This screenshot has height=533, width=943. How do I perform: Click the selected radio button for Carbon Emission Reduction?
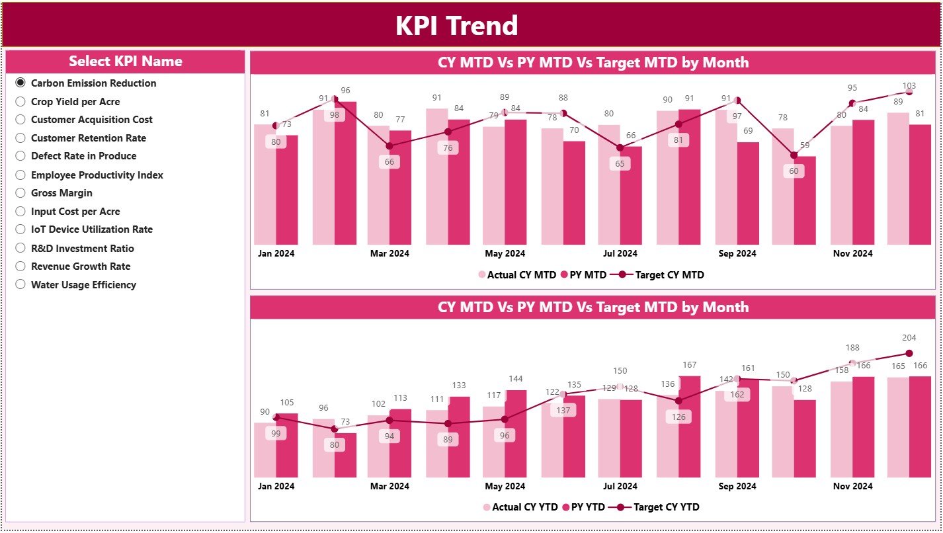20,83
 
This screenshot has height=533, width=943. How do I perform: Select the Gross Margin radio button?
20,193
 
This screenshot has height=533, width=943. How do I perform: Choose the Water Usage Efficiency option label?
83,285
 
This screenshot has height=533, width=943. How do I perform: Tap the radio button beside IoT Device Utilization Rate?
20,229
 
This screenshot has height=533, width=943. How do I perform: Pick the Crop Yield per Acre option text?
75,102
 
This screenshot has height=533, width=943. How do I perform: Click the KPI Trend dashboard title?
456,26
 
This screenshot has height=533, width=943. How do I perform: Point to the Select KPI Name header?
125,61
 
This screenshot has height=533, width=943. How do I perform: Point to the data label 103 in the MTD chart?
909,85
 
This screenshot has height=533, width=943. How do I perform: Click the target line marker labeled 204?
909,354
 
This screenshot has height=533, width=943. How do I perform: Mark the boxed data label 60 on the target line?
794,171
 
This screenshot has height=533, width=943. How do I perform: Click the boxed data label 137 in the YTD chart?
563,410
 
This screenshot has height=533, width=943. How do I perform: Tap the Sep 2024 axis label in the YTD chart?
737,486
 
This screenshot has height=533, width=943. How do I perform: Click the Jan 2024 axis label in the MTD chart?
276,253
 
